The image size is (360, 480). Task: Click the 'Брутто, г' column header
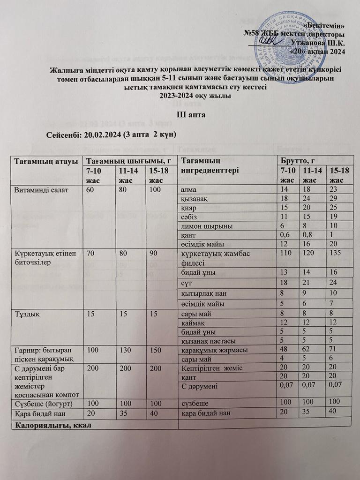296,162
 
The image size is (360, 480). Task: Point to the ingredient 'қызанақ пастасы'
208,341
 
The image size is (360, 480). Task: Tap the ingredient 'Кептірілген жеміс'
210,368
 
